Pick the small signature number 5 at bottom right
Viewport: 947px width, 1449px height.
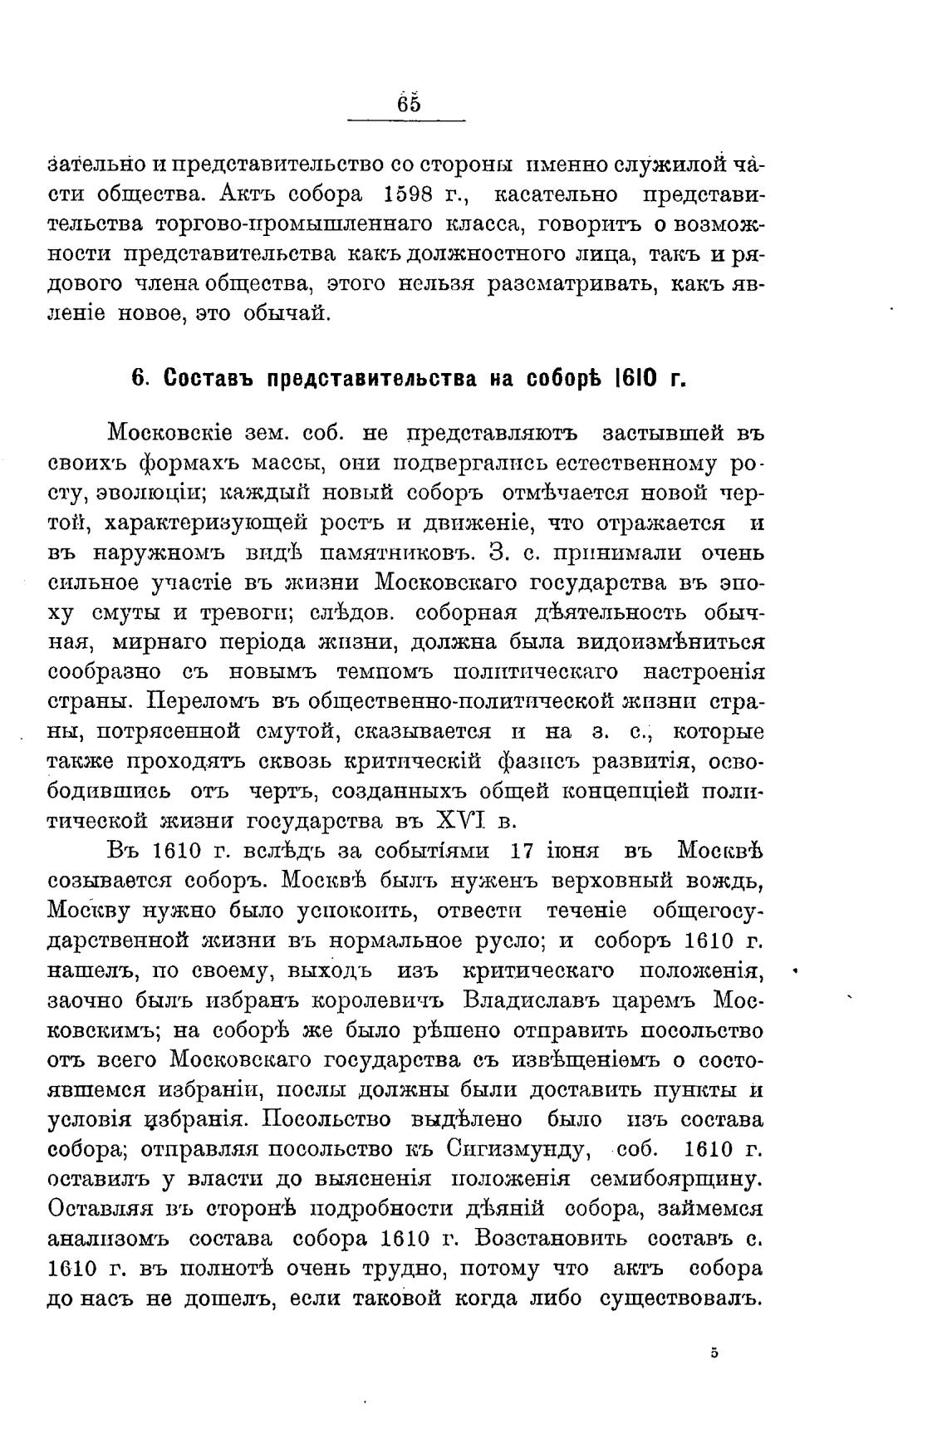tap(714, 1353)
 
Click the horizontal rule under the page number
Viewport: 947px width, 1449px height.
tap(405, 122)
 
